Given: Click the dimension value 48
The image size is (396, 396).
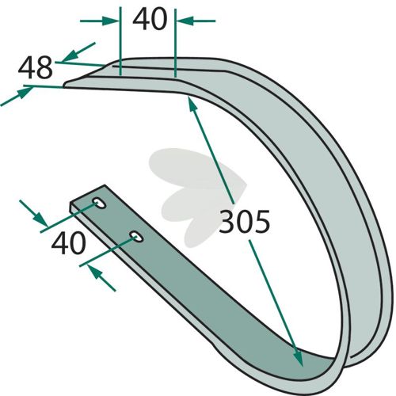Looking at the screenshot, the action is pyautogui.click(x=35, y=67).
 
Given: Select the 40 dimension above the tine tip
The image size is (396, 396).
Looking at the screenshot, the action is pyautogui.click(x=150, y=19).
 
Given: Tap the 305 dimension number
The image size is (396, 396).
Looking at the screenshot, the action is pyautogui.click(x=245, y=221).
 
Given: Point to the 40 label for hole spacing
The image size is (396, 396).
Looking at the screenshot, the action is pyautogui.click(x=69, y=243).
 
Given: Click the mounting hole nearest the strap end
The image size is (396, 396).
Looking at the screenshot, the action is pyautogui.click(x=99, y=203).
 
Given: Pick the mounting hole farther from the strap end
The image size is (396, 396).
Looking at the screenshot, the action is pyautogui.click(x=136, y=237).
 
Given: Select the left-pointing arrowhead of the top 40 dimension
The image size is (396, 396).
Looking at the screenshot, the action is pyautogui.click(x=185, y=21).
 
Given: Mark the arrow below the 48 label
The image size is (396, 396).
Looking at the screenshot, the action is pyautogui.click(x=17, y=97).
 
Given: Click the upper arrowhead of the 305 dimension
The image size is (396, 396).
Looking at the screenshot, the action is pyautogui.click(x=192, y=105).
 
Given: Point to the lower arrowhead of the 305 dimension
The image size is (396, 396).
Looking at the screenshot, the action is pyautogui.click(x=298, y=357).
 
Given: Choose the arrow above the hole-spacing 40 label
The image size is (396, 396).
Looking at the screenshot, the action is pyautogui.click(x=34, y=214).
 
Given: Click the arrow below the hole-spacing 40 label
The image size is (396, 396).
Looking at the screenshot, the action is pyautogui.click(x=101, y=278).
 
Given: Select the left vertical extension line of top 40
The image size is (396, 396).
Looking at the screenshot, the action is pyautogui.click(x=120, y=41).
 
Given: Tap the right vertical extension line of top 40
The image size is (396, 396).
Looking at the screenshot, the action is pyautogui.click(x=175, y=43).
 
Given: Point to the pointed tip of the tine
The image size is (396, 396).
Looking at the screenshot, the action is pyautogui.click(x=64, y=85).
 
